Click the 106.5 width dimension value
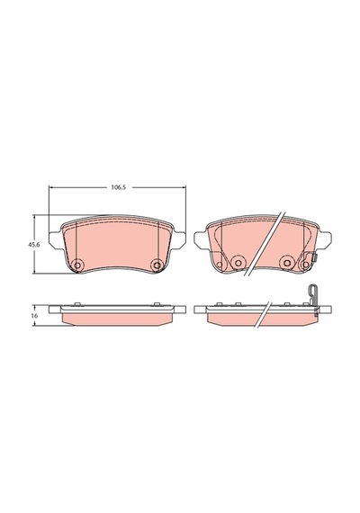tap(119, 187)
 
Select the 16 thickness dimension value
tap(35, 316)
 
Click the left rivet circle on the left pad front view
tap(78, 265)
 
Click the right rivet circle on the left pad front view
tap(157, 265)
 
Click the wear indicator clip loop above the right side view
tap(313, 292)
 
